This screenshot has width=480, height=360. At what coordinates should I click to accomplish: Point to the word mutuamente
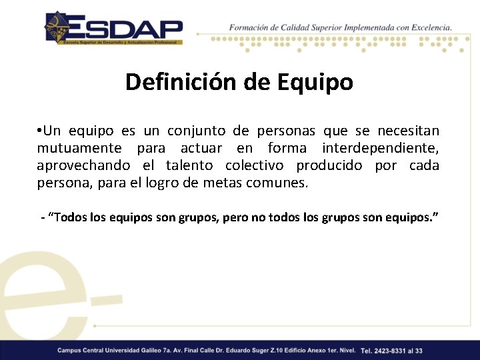tap(79, 148)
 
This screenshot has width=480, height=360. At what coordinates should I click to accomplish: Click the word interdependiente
tap(380, 148)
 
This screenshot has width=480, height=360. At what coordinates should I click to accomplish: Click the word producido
tap(331, 165)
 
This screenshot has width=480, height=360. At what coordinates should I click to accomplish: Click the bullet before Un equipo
tap(40, 131)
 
